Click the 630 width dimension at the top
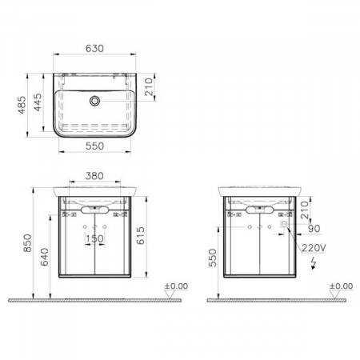tap(95, 47)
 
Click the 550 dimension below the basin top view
tap(95, 148)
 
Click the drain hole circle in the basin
tap(95, 101)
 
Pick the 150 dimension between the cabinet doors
tap(95, 238)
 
